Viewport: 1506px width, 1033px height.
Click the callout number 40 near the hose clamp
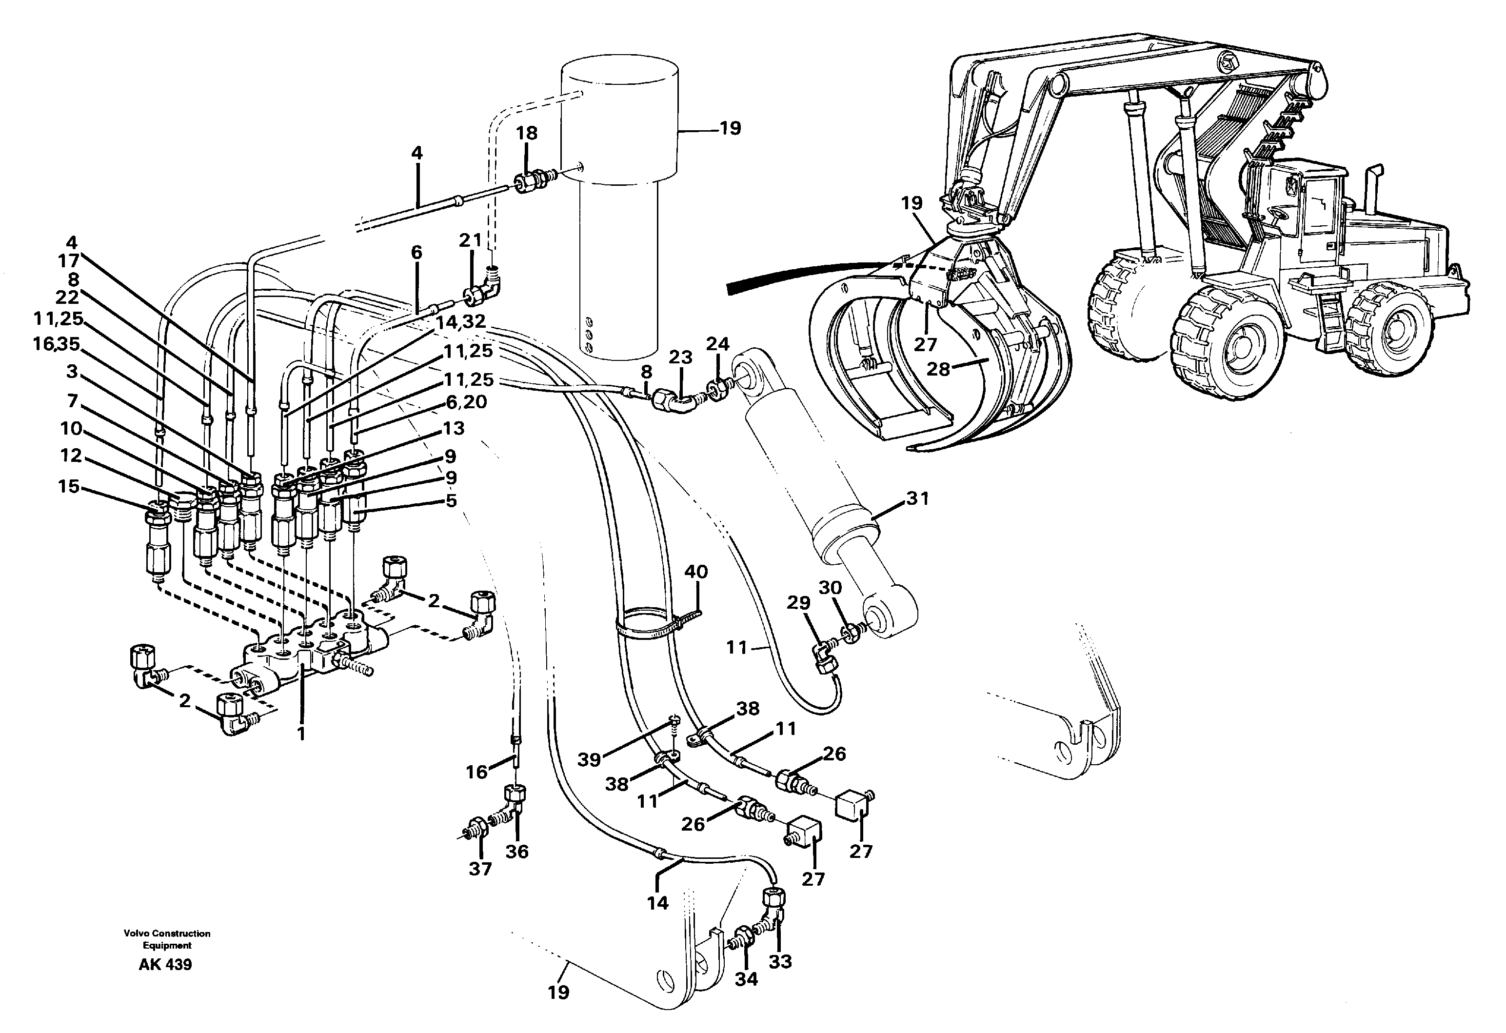(x=696, y=572)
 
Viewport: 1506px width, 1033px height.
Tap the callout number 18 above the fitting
(x=527, y=133)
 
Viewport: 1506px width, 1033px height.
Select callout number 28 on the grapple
(x=938, y=369)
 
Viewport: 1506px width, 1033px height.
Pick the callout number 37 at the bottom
(x=480, y=869)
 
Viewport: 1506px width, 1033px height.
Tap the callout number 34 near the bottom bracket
(x=746, y=979)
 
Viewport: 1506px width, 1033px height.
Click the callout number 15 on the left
(x=69, y=487)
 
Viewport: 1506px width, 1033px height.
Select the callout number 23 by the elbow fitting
(x=680, y=357)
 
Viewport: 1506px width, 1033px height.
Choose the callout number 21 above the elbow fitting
(x=471, y=240)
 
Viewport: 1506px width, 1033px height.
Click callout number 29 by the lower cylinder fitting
(x=798, y=603)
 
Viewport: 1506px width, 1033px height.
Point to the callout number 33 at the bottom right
(x=780, y=961)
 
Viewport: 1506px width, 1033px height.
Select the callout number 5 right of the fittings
(x=451, y=500)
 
